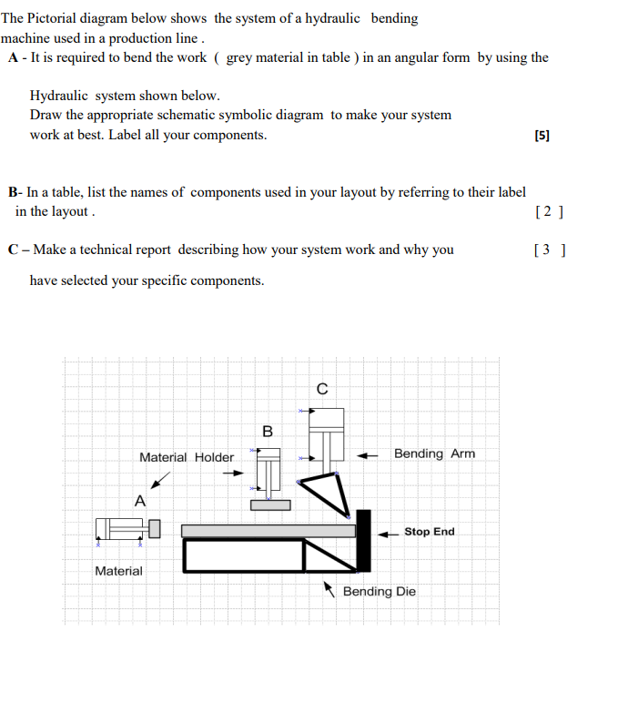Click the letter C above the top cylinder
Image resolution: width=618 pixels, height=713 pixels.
(x=322, y=389)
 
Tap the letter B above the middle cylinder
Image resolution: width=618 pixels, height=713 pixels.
(x=268, y=431)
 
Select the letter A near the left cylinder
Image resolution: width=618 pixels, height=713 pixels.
(x=139, y=500)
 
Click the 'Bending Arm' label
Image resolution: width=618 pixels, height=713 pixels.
(x=434, y=453)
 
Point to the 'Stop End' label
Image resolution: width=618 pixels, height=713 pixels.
(x=429, y=532)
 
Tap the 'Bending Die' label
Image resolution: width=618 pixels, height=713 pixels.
(x=379, y=592)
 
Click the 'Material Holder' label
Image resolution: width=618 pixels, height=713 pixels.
(x=186, y=457)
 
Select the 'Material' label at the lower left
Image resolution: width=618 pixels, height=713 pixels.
(x=118, y=571)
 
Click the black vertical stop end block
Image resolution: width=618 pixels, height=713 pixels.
(x=364, y=541)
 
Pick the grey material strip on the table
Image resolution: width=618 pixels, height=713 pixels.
(x=268, y=531)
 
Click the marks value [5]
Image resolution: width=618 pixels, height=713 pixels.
(x=542, y=136)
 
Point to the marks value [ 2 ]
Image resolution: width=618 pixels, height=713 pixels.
(x=550, y=212)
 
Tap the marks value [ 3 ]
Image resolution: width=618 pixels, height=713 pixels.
(x=552, y=250)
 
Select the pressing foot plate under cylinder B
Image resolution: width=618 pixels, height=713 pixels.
(x=270, y=504)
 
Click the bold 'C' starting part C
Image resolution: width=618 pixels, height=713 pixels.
(x=12, y=250)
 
